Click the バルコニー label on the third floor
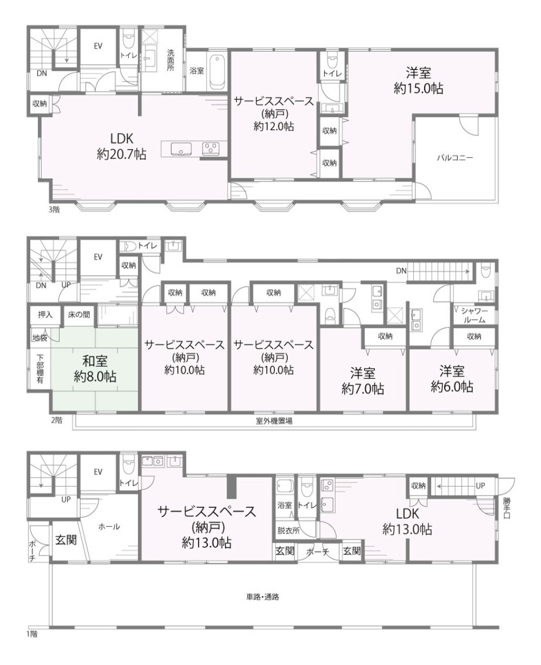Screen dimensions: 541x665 point(455,158)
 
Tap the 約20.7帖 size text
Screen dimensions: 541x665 point(121,154)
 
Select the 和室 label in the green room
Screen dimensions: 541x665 point(95,361)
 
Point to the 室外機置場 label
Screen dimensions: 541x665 point(274,421)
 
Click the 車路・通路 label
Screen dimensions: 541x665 point(263,597)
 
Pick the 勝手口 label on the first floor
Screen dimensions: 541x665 point(507,508)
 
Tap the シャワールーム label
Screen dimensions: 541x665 point(475,315)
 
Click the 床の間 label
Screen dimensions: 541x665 point(79,315)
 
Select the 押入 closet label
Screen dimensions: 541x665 point(45,315)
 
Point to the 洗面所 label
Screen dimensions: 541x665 point(170,60)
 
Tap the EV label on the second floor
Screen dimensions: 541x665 point(98,257)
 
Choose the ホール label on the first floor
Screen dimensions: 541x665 point(109,527)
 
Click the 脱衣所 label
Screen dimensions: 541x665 point(288,530)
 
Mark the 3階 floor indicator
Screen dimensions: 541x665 point(54,209)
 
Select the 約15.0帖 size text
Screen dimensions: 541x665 point(418,88)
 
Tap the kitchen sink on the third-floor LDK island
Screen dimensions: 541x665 point(181,149)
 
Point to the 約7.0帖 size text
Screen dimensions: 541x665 point(362,389)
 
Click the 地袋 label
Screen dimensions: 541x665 point(40,338)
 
